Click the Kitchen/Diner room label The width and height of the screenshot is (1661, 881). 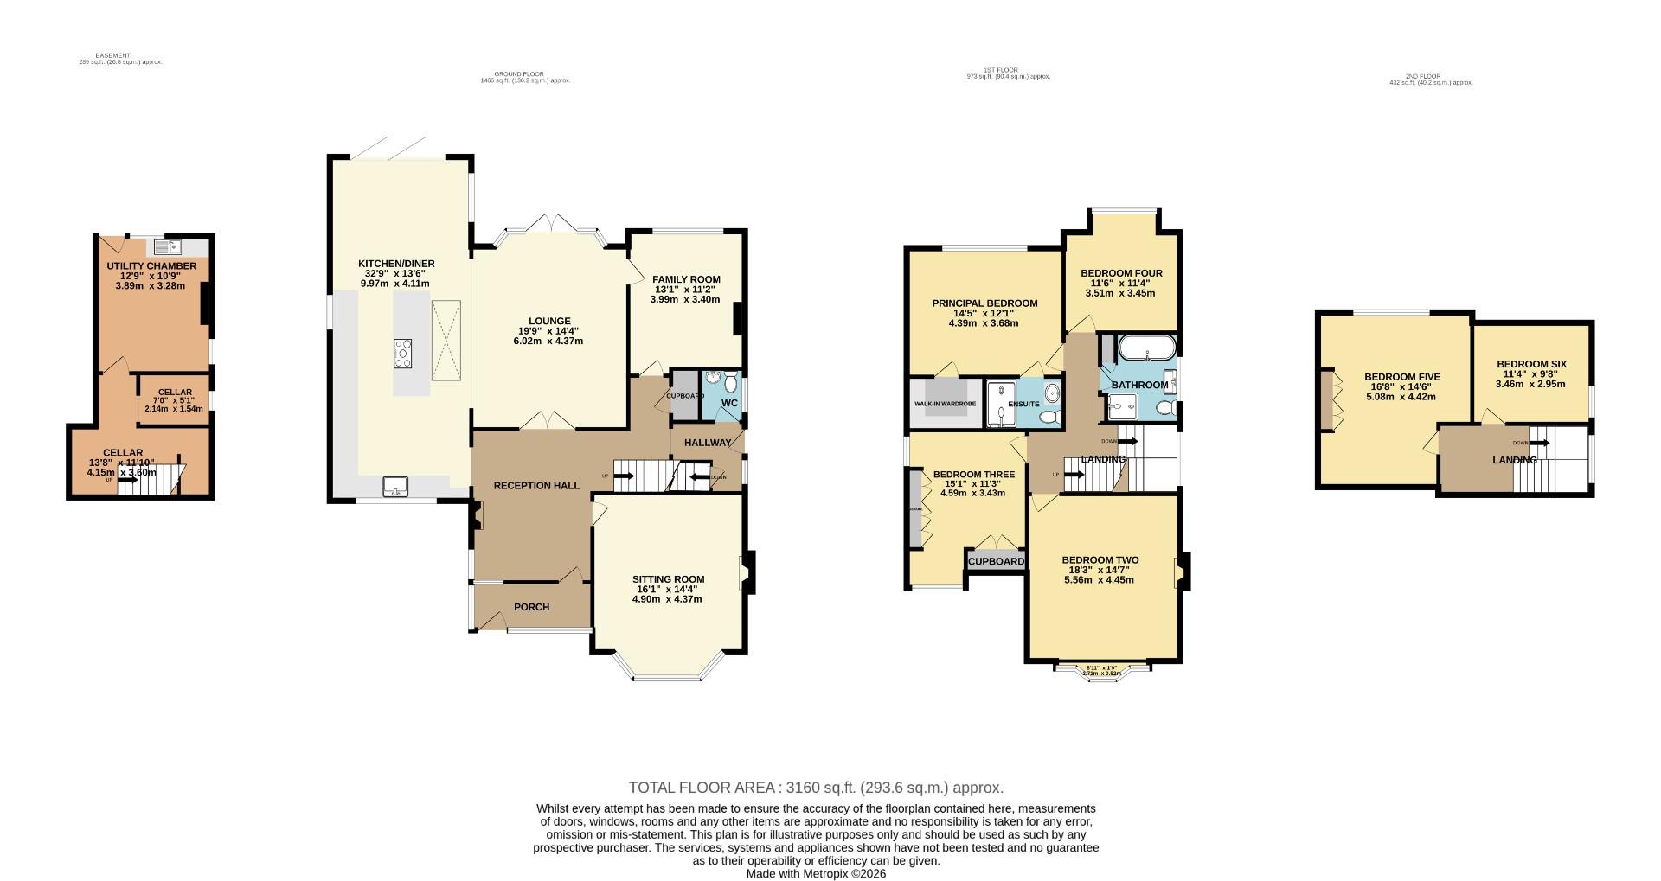(x=396, y=264)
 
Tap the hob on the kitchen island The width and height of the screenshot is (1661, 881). (x=402, y=354)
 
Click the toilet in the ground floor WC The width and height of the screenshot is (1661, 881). (x=732, y=381)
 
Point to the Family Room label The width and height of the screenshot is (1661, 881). (x=686, y=279)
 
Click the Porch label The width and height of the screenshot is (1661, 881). (x=531, y=607)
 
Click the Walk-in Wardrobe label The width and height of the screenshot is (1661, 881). (x=945, y=404)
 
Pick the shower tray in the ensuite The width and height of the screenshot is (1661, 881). (x=1001, y=404)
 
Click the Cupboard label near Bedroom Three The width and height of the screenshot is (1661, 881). (x=996, y=562)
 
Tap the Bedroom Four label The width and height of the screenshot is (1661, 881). (x=1121, y=273)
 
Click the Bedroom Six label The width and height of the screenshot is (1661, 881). (x=1531, y=365)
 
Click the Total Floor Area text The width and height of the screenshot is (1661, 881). (x=815, y=788)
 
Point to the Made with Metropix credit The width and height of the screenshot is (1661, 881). (x=816, y=873)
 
